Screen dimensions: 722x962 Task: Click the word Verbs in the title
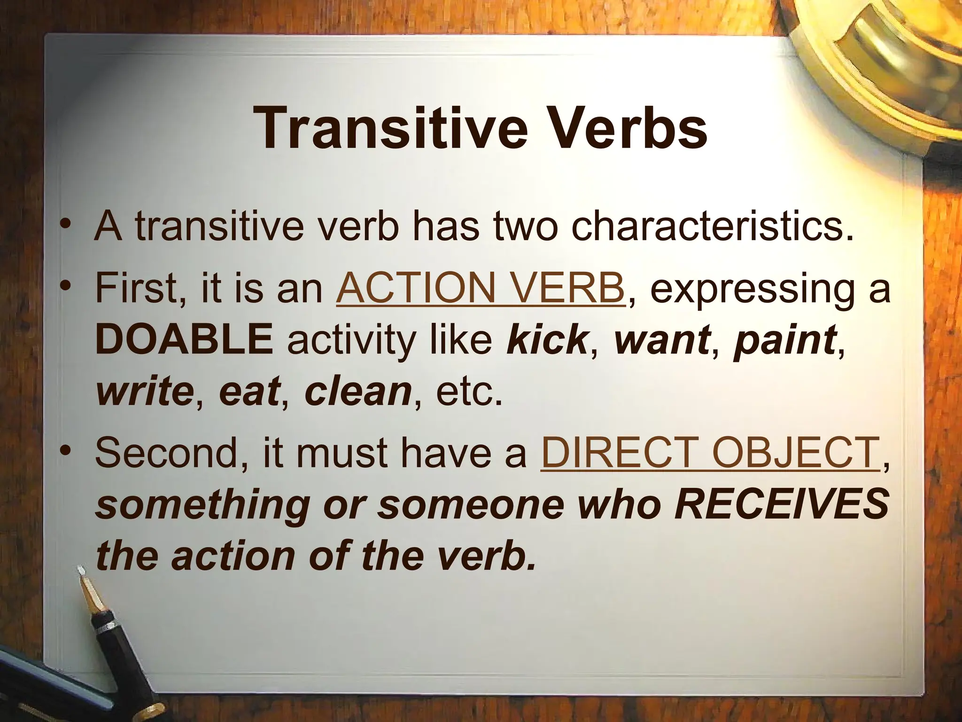[624, 128]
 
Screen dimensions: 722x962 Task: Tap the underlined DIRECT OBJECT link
[710, 453]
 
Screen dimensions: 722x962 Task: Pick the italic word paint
[784, 340]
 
